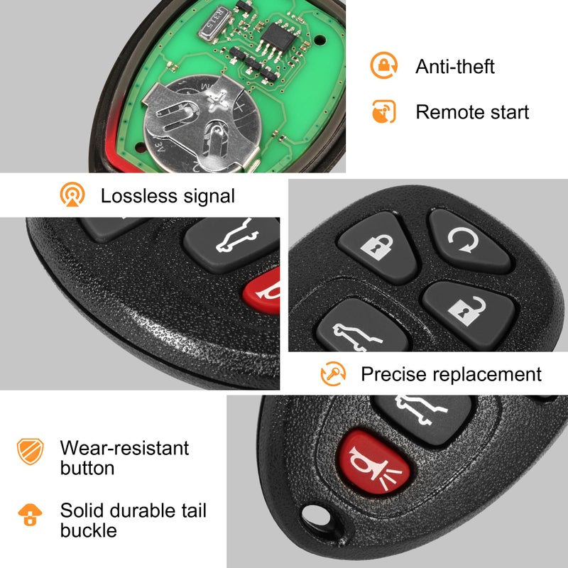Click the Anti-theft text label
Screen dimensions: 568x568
pos(454,67)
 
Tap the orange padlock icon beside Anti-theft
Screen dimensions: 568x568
pos(383,65)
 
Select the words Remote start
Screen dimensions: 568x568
pos(472,111)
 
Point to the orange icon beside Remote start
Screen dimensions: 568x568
pos(383,111)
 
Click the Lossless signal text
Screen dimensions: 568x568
pos(168,195)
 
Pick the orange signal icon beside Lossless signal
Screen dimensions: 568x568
pos(72,195)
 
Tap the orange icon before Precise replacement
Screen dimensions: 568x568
pos(333,373)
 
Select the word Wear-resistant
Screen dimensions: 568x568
pos(124,448)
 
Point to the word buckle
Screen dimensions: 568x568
pos(88,530)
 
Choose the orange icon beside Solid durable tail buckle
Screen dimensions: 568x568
pos(31,513)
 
